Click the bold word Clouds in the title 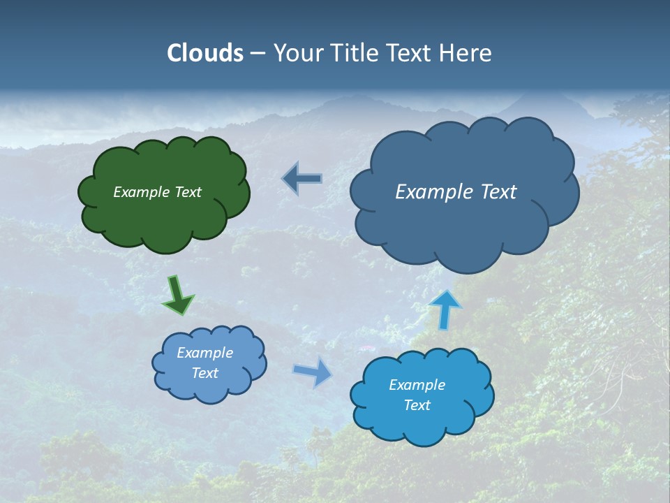(204, 53)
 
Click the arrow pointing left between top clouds (302, 178)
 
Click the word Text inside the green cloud (188, 192)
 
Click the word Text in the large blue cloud (498, 192)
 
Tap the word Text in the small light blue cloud (205, 373)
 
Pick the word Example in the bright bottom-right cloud (417, 385)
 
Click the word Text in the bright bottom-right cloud (417, 405)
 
